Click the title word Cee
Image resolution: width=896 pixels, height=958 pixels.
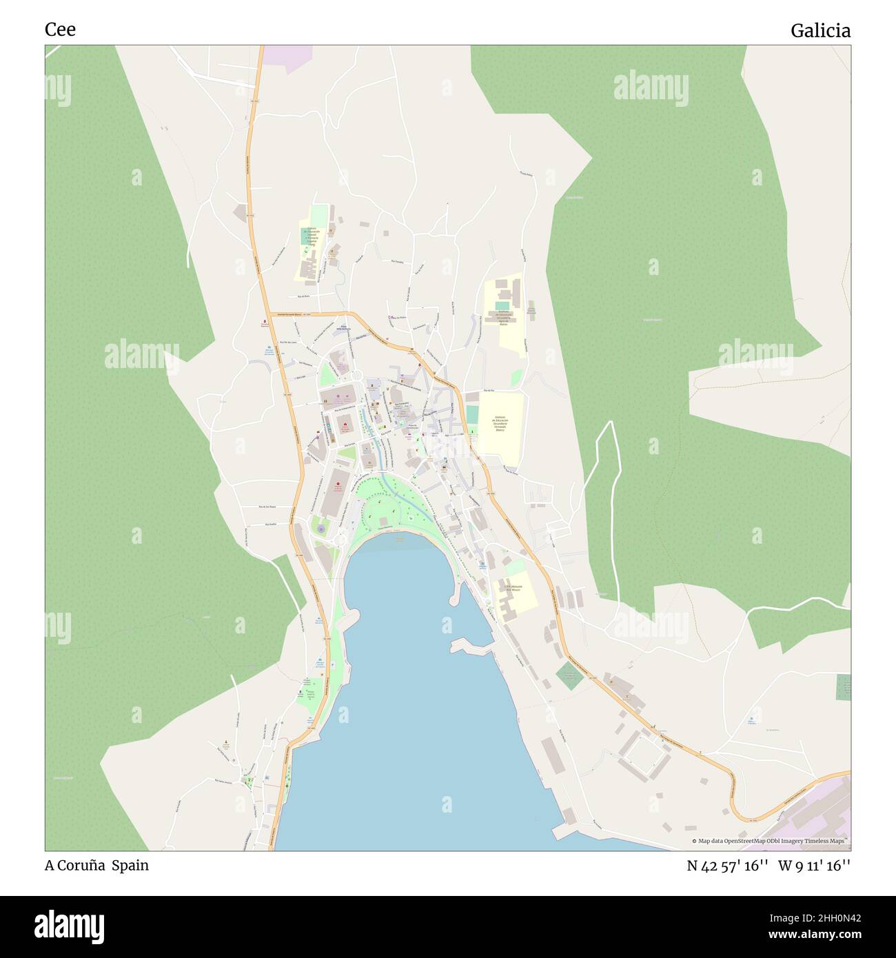click(60, 30)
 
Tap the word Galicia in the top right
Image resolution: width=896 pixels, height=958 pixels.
click(819, 31)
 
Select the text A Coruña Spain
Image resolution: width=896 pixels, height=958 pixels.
click(96, 865)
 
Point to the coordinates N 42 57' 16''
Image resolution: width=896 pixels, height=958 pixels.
click(727, 866)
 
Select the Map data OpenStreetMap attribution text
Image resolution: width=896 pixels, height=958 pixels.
click(770, 841)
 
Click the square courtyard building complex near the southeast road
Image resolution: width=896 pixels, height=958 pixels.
click(644, 755)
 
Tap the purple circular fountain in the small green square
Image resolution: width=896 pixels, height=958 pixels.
click(320, 529)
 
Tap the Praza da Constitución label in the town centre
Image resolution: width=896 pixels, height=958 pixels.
click(414, 427)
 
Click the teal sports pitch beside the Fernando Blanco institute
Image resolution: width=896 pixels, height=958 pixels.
click(472, 416)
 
